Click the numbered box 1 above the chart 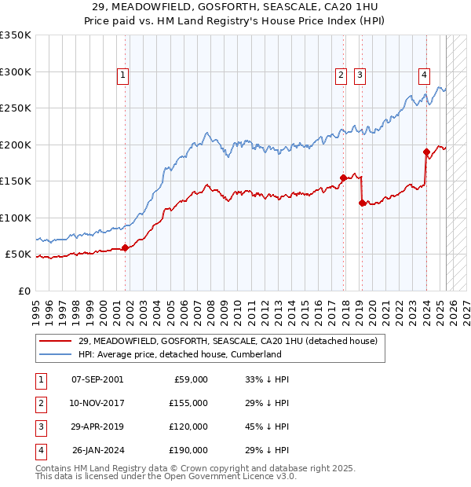(124, 75)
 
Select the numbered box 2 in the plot (341, 75)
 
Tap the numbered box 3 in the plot (360, 75)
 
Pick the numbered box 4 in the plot (424, 75)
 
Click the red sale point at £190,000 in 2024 (426, 152)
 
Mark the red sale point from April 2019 (362, 203)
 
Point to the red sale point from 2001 (125, 247)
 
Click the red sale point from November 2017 (343, 178)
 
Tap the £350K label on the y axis (16, 35)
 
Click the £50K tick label (18, 254)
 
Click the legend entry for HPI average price (179, 354)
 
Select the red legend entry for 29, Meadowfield (228, 341)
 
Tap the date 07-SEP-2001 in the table (97, 379)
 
